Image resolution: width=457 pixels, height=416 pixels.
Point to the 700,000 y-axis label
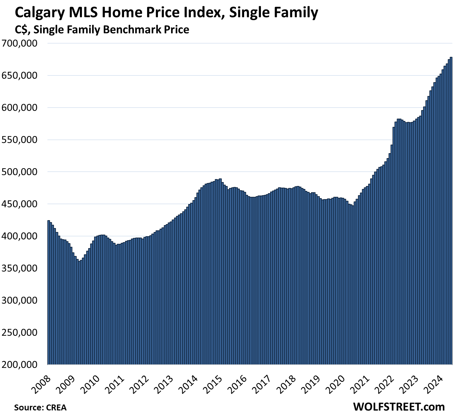[20, 43]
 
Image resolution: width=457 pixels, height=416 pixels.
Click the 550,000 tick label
[20, 140]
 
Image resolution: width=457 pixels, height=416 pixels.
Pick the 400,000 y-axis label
[20, 236]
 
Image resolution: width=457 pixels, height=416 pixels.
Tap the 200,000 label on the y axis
[20, 365]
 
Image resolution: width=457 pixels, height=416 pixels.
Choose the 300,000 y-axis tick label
[20, 300]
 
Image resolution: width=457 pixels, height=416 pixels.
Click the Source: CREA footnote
[40, 408]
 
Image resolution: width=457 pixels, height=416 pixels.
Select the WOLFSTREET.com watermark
[399, 407]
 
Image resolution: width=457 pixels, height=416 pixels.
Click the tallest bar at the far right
[451, 210]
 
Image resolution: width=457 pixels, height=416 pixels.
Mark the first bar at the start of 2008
[49, 292]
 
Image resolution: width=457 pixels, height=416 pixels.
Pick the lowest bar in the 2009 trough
[80, 312]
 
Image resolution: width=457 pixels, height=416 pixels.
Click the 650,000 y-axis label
[20, 76]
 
